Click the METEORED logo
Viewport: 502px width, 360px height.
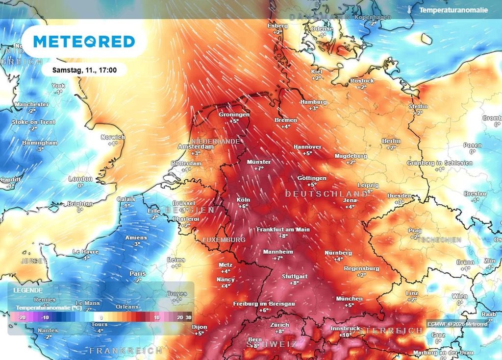pos(84,42)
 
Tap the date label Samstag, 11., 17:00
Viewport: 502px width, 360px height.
pos(84,70)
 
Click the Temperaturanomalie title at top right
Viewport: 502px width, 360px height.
pos(453,9)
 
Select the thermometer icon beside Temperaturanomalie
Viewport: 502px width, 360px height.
pos(408,9)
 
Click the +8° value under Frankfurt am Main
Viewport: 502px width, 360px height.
pos(283,236)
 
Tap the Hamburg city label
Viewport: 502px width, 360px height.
pos(313,102)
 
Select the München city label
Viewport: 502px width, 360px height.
pos(349,298)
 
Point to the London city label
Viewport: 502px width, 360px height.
pos(80,179)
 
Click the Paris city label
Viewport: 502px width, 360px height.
pos(138,273)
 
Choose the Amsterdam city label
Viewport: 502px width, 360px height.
pos(196,146)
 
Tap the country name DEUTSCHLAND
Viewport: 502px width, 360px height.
pos(326,194)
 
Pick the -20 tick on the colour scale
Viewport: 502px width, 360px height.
pos(22,317)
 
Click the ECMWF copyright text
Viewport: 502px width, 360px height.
pos(457,324)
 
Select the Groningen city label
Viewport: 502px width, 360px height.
pos(234,114)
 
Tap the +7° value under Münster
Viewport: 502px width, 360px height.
pos(258,168)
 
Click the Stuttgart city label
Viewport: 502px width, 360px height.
pos(294,276)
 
